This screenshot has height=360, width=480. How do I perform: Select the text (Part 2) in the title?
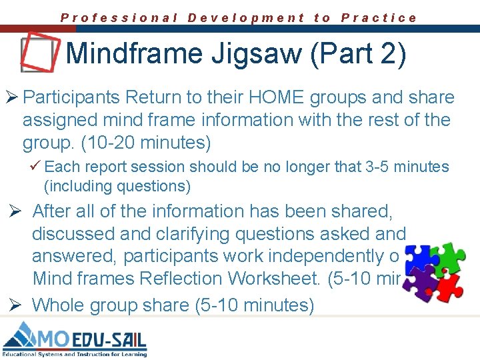click(358, 54)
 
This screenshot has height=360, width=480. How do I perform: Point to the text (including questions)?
click(117, 185)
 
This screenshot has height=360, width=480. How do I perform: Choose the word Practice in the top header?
click(379, 18)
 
